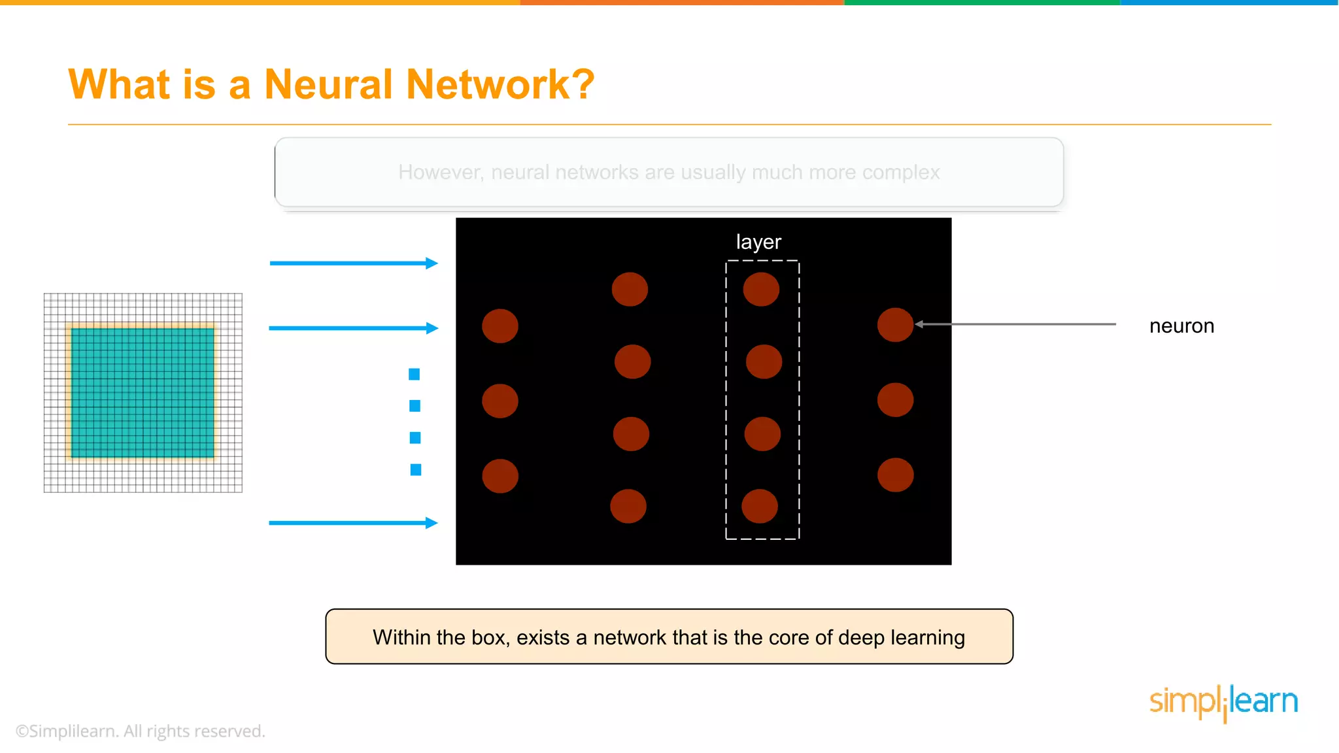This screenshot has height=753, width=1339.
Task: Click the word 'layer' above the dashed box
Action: pos(758,242)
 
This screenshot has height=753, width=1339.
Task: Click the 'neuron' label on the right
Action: pos(1181,326)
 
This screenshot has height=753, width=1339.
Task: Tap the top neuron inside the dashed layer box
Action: pos(761,289)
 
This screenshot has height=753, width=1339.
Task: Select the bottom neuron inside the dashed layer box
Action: pos(760,506)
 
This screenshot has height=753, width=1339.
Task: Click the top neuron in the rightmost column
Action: pos(895,325)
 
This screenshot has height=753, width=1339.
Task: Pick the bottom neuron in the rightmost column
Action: pos(895,475)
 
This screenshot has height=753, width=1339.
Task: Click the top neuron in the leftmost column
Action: pos(500,326)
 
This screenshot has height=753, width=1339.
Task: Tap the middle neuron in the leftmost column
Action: pos(500,401)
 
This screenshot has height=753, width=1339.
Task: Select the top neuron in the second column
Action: pos(630,289)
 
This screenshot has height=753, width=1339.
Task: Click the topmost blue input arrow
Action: pos(353,263)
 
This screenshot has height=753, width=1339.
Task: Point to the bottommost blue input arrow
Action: pos(353,522)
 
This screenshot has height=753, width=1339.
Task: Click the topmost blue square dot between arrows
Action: pos(414,374)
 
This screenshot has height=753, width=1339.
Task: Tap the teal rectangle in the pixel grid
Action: pos(143,392)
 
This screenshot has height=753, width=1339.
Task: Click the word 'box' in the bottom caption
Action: pos(490,637)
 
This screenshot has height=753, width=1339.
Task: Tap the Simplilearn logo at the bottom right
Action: pos(1223,701)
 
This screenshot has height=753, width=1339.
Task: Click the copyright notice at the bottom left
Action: pos(140,731)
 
